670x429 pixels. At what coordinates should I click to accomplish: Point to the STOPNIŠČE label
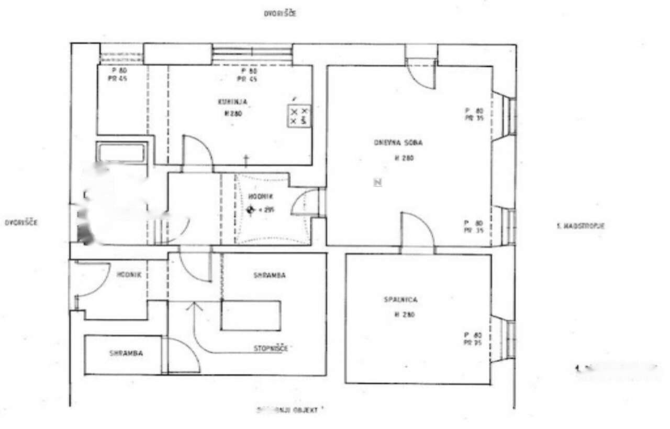coord(271,348)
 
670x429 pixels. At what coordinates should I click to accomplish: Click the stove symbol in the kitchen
coord(299,117)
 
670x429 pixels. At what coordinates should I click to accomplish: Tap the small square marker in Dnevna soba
coord(377,182)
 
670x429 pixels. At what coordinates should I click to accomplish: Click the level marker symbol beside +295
coord(250,210)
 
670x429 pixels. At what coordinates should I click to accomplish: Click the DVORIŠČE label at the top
coord(280,14)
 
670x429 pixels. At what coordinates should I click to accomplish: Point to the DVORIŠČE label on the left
coord(21,223)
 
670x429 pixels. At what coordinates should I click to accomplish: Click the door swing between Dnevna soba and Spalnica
coord(418,230)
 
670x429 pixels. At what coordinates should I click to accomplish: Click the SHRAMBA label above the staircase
coord(270,275)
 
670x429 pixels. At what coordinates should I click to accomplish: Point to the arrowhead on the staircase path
coord(194,306)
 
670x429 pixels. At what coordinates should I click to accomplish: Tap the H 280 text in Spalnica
coord(401,315)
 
